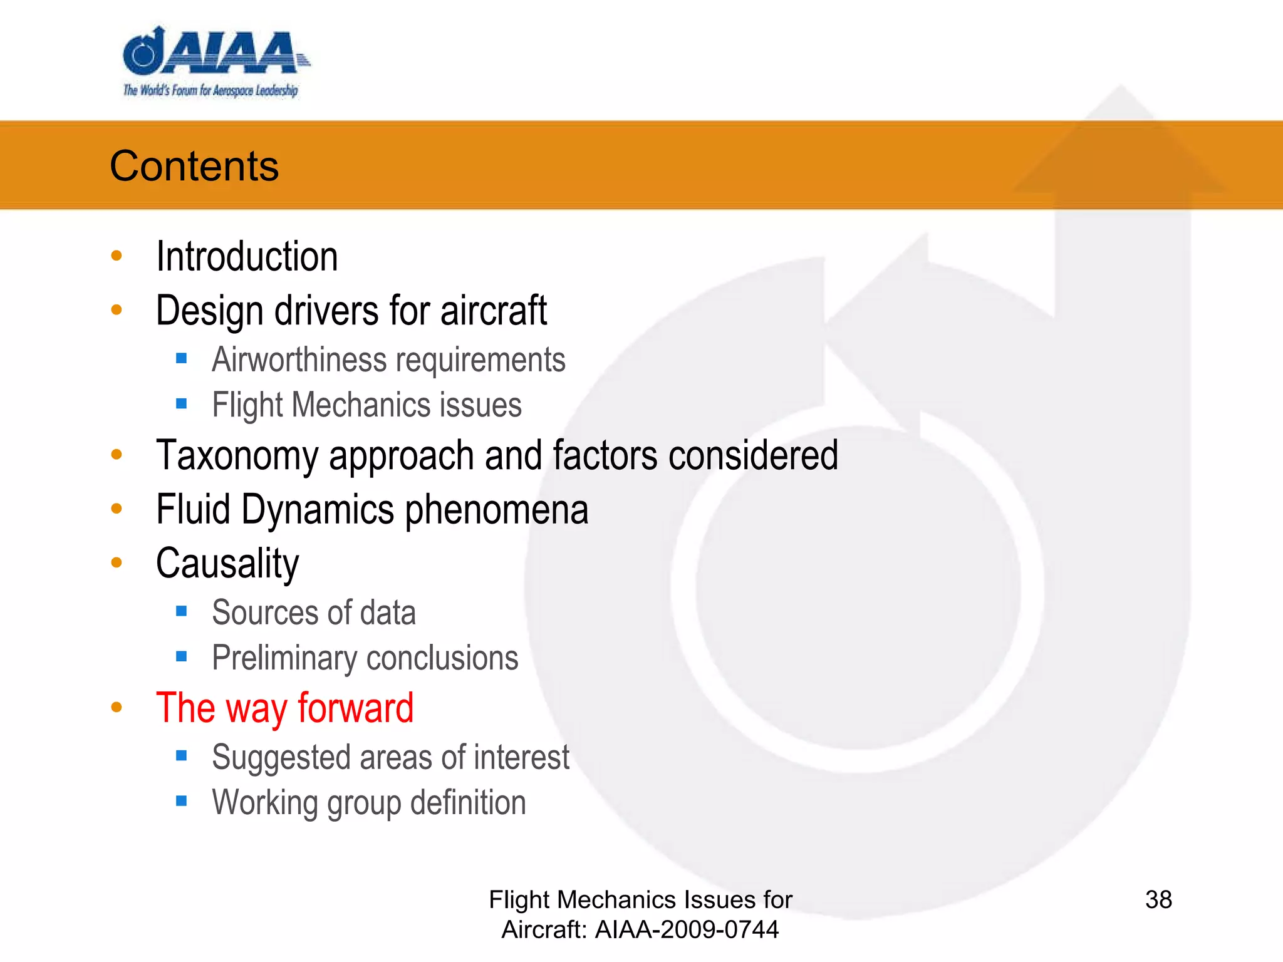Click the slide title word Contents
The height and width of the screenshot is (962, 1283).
194,166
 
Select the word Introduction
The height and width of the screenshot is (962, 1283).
247,257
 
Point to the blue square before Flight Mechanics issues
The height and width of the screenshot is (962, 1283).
182,404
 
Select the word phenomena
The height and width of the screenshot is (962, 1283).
497,509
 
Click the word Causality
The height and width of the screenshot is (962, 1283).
227,563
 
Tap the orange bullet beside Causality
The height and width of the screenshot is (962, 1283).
117,562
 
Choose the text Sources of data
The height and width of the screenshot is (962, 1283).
314,613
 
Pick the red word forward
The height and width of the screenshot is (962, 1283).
355,708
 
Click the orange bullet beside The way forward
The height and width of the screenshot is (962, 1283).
117,707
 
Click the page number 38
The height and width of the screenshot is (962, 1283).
1158,900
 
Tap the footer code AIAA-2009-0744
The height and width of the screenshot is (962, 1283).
687,929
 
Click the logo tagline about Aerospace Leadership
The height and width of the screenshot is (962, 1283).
210,91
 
